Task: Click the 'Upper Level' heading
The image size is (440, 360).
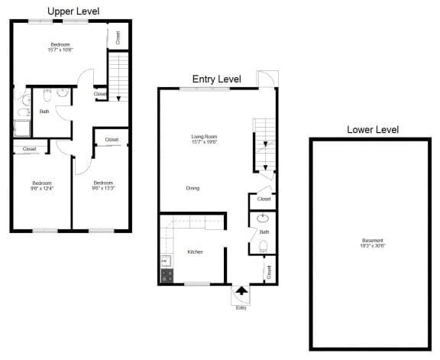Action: [73, 11]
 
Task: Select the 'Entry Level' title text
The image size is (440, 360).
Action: [216, 79]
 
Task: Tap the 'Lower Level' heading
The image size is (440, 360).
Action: [372, 130]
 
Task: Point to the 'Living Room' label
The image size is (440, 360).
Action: [205, 136]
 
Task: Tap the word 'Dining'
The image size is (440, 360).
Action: [192, 188]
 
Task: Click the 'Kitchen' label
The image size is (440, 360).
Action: [195, 251]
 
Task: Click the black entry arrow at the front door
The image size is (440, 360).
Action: [241, 290]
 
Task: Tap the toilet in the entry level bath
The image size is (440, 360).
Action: [263, 246]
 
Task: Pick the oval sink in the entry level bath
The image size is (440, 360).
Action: [263, 218]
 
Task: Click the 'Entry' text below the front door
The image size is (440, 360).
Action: [241, 307]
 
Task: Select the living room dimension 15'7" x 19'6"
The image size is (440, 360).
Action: [205, 141]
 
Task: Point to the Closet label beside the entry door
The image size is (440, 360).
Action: [269, 271]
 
